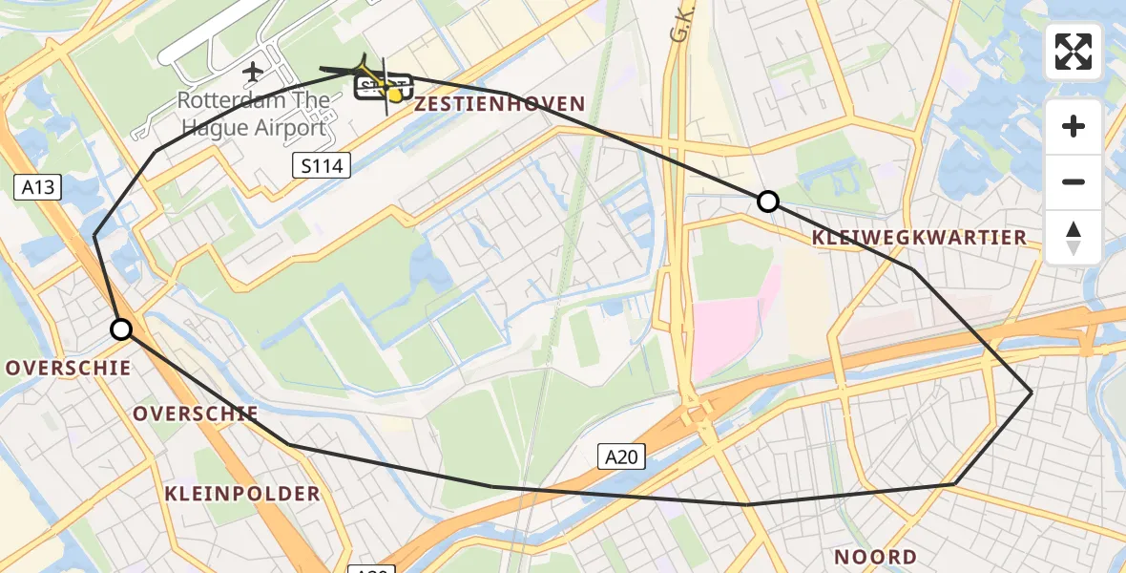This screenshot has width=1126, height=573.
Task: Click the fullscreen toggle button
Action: (1074, 52)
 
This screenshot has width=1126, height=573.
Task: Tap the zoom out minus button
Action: (1074, 181)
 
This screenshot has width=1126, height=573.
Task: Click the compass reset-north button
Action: (1074, 238)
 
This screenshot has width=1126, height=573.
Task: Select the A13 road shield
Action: (38, 188)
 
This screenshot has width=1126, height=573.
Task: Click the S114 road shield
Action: (321, 166)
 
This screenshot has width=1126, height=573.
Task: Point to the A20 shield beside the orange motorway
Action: (621, 457)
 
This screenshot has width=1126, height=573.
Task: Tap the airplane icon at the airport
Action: (253, 71)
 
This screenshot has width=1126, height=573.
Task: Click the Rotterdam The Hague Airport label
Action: (254, 114)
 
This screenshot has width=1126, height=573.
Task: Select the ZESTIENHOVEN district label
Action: (499, 104)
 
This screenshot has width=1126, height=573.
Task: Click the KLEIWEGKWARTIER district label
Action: (919, 237)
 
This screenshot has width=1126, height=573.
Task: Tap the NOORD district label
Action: (875, 557)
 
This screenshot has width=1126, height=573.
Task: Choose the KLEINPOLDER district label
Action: (242, 494)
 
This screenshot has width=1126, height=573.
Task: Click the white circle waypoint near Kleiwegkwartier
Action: (768, 202)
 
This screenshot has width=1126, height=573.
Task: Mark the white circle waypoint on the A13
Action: (121, 329)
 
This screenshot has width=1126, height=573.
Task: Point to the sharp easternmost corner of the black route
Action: (1032, 393)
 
